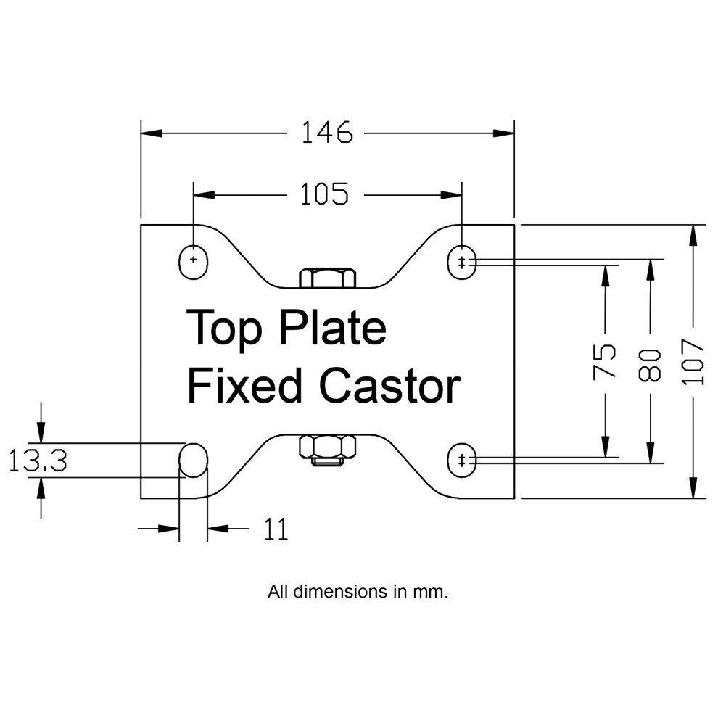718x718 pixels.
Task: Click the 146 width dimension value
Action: click(x=327, y=133)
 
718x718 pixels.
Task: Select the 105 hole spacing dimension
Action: click(x=324, y=194)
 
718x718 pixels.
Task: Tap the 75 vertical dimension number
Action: click(x=604, y=361)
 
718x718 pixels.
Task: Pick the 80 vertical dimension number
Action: click(x=650, y=365)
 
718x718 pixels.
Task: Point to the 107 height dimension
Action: click(x=693, y=362)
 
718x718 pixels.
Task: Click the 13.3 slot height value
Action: click(x=38, y=461)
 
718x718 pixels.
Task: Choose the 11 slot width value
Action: click(x=276, y=529)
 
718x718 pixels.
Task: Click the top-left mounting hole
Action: click(x=193, y=262)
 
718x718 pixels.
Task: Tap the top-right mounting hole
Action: click(x=461, y=262)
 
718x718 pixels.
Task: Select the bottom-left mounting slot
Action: click(x=193, y=461)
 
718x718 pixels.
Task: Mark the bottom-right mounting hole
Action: click(x=461, y=461)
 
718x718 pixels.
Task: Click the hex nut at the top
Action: click(x=327, y=278)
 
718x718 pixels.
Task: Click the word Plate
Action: click(x=333, y=328)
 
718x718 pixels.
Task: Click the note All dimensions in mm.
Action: click(x=358, y=592)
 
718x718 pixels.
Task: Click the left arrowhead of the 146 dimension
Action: click(x=152, y=133)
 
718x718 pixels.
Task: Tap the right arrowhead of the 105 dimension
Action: click(x=451, y=195)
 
